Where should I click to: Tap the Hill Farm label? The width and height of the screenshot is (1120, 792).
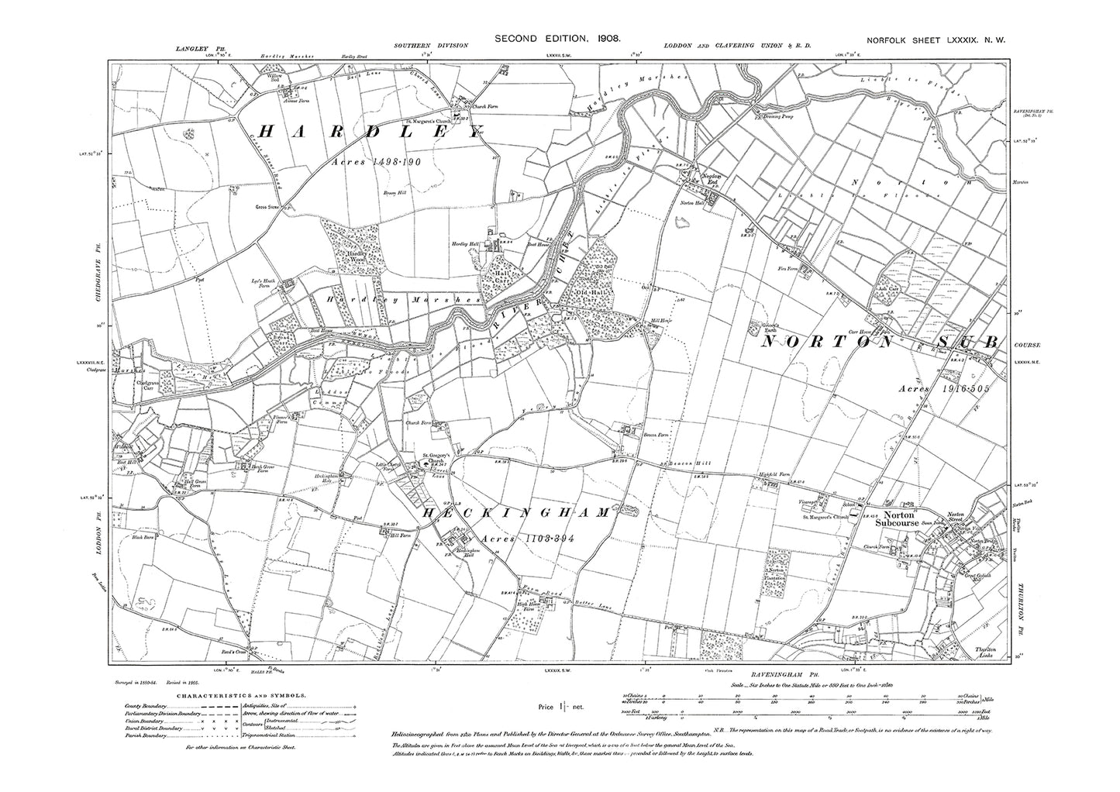point(399,535)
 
